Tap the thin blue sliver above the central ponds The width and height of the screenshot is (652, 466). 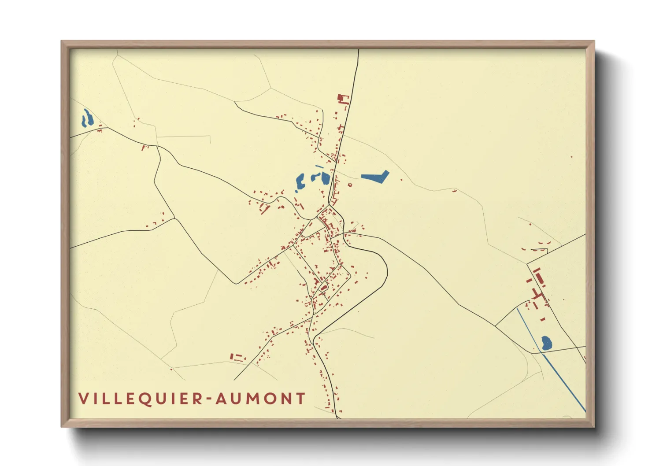[319, 166]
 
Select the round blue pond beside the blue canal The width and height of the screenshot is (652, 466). [546, 343]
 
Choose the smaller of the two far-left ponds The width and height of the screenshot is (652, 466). [83, 121]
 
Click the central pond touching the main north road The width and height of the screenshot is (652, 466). [326, 178]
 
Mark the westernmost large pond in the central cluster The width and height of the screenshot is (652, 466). [300, 181]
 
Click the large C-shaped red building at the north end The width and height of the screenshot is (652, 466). [342, 99]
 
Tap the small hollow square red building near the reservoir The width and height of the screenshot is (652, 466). [350, 185]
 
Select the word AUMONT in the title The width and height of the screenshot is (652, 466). [260, 399]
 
